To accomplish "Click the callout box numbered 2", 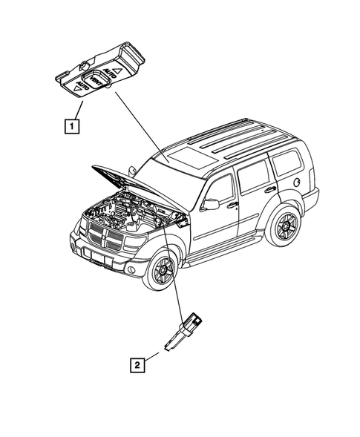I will coord(136,364).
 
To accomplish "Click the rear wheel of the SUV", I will coord(284,226).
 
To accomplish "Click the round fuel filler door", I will coord(297,180).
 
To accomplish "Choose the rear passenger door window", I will coord(252,174).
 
